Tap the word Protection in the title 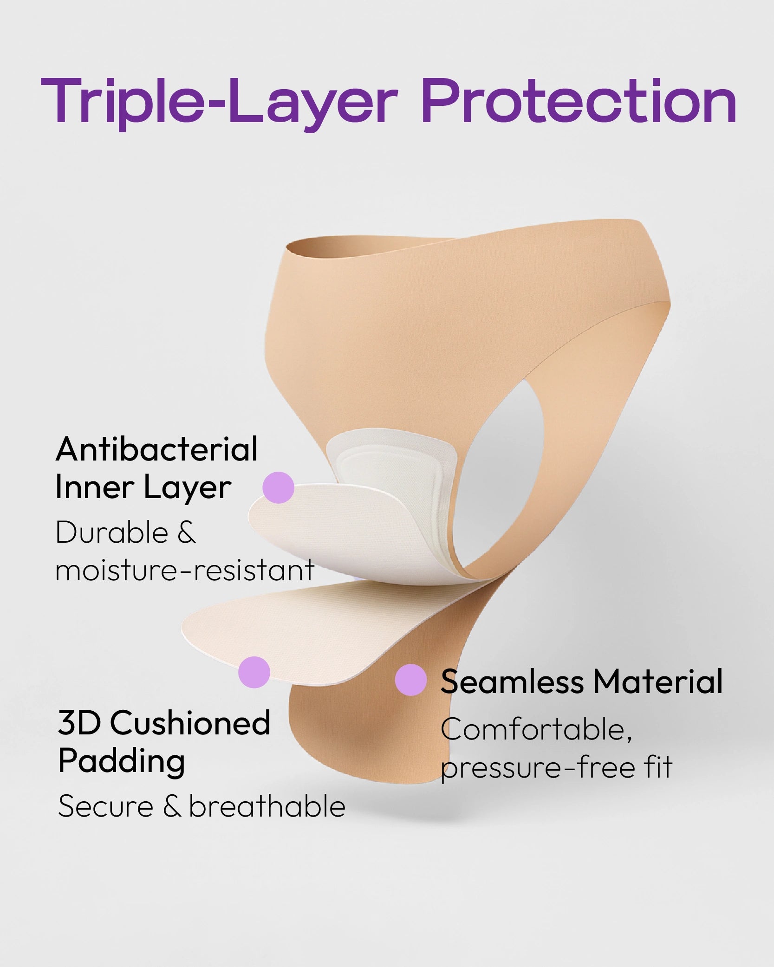click(x=579, y=101)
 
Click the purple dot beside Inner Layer click(x=278, y=487)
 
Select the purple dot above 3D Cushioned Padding click(x=254, y=672)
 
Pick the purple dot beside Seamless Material click(x=411, y=680)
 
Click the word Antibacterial click(x=157, y=449)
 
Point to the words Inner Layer click(x=143, y=488)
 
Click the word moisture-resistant click(x=185, y=570)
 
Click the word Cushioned click(x=190, y=723)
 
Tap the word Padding click(x=122, y=762)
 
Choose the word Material click(x=658, y=681)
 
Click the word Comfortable click(x=536, y=730)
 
